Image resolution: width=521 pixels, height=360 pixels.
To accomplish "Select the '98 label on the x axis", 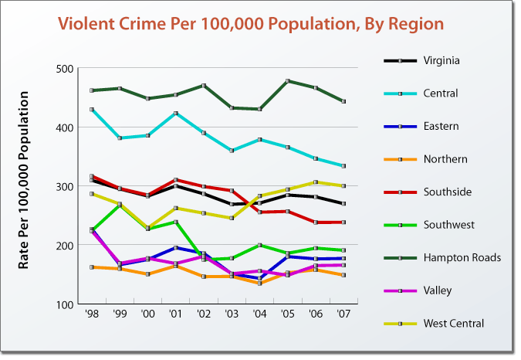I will click(x=93, y=317).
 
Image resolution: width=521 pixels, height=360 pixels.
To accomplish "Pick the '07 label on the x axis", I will click(x=343, y=317).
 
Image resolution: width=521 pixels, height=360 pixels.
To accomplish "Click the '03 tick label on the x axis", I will click(x=232, y=317).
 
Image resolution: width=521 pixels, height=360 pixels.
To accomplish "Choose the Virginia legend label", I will click(x=442, y=60).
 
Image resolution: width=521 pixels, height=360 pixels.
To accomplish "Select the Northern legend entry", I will click(x=445, y=159).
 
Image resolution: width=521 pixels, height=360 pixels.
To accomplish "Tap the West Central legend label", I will click(x=454, y=324).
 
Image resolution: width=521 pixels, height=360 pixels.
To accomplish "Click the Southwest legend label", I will click(x=448, y=225).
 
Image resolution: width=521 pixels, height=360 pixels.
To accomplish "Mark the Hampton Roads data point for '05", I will click(x=288, y=81).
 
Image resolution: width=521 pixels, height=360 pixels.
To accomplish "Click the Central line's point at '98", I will click(x=92, y=110).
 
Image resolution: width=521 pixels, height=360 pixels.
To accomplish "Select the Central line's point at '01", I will click(x=176, y=114).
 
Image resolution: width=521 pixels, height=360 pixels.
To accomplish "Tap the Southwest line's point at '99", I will click(x=120, y=204).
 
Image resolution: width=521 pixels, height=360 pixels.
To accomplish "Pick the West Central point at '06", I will click(x=315, y=182).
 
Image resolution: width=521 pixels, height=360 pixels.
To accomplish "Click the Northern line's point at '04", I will click(x=259, y=284).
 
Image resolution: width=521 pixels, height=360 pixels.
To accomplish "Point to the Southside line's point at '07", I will click(x=343, y=222).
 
